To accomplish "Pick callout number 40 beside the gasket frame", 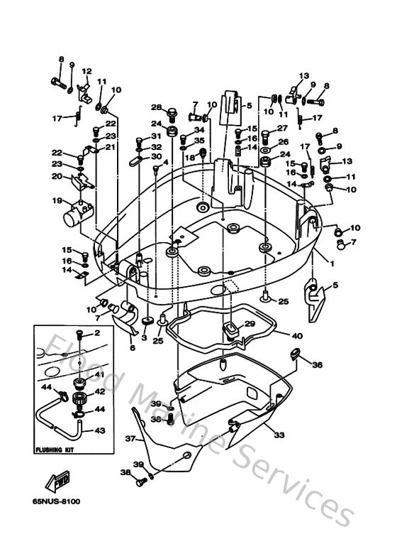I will pyautogui.click(x=297, y=336).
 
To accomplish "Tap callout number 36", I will pyautogui.click(x=318, y=365).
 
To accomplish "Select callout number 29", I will pyautogui.click(x=249, y=323).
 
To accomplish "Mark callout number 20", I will pyautogui.click(x=56, y=178).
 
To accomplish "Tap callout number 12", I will pyautogui.click(x=86, y=71).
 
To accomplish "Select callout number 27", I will pyautogui.click(x=282, y=129).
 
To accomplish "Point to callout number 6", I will pyautogui.click(x=132, y=349).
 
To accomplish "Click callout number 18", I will pyautogui.click(x=190, y=157).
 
